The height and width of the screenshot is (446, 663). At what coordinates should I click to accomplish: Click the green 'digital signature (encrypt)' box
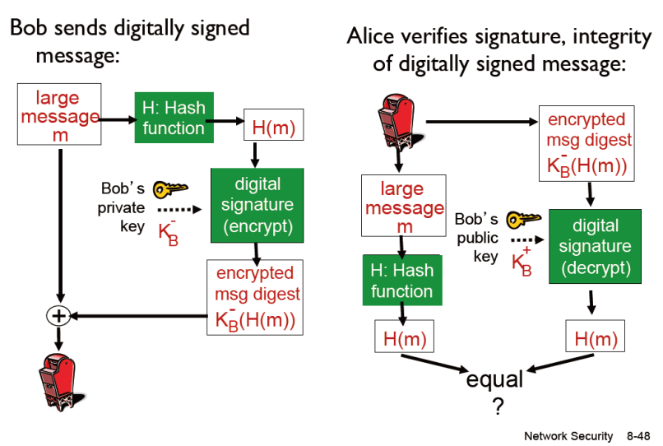pyautogui.click(x=257, y=205)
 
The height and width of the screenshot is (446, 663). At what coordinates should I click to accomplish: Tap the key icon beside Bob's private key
pyautogui.click(x=170, y=189)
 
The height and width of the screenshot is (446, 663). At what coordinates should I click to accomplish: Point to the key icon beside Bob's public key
pyautogui.click(x=522, y=221)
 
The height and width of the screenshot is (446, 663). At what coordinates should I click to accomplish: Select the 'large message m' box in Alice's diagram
pyautogui.click(x=403, y=208)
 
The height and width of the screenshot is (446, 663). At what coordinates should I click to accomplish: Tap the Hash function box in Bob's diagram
pyautogui.click(x=174, y=118)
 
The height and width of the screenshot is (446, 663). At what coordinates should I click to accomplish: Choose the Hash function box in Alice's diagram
pyautogui.click(x=402, y=280)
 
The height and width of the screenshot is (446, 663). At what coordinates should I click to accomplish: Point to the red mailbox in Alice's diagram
pyautogui.click(x=398, y=123)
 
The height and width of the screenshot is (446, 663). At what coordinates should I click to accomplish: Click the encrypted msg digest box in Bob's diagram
pyautogui.click(x=254, y=296)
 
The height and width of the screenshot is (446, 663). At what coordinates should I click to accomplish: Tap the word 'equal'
pyautogui.click(x=494, y=380)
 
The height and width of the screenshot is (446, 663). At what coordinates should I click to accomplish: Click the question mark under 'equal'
pyautogui.click(x=497, y=404)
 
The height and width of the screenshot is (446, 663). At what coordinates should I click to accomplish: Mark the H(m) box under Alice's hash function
pyautogui.click(x=403, y=338)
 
